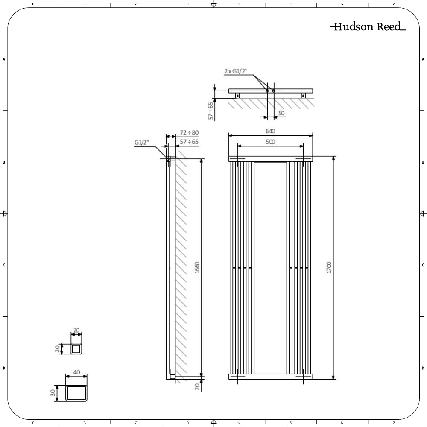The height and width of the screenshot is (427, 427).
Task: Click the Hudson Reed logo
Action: [x=368, y=26]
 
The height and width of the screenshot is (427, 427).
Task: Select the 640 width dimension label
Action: [x=270, y=131]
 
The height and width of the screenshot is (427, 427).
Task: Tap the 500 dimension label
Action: [x=270, y=142]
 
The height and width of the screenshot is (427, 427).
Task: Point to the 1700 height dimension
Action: [x=329, y=267]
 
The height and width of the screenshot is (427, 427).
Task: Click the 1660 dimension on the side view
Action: [x=197, y=267]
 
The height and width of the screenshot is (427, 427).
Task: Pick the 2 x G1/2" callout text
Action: [x=235, y=71]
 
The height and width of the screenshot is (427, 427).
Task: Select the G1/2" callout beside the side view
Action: [x=142, y=143]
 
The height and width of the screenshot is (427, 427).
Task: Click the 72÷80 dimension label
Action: [x=189, y=133]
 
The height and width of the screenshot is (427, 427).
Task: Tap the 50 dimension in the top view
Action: [x=281, y=113]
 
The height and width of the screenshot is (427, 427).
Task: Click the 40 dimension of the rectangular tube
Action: [x=76, y=372]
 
